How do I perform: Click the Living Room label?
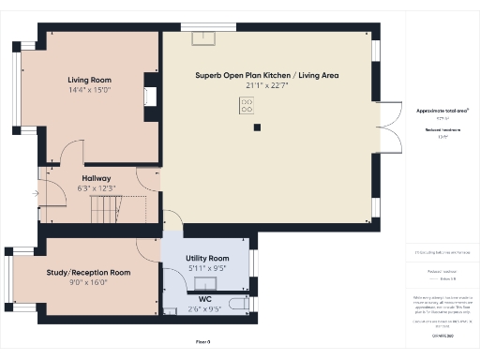pos(89,81)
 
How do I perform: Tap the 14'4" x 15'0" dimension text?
pos(89,91)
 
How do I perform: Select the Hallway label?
pos(97,178)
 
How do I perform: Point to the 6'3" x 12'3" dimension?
pos(97,188)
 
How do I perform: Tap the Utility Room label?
pos(207,258)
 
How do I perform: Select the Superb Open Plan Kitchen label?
pos(267,74)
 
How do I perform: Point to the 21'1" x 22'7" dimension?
pos(267,85)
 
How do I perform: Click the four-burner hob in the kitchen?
pos(247,107)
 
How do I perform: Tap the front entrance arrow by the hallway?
pos(35,194)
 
